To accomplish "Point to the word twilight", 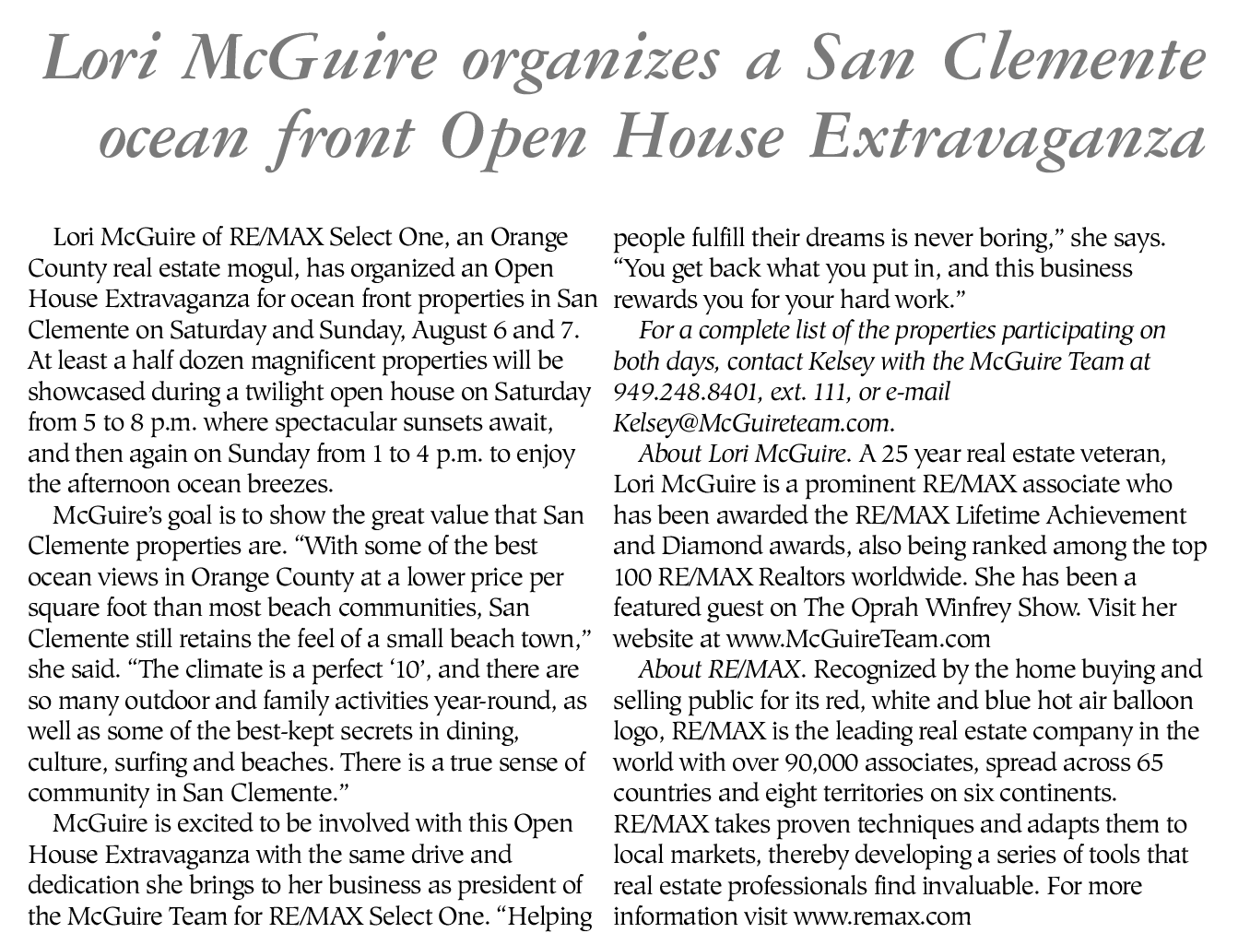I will click(289, 393).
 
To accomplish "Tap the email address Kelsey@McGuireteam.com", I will click(752, 423).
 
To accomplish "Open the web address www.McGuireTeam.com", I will click(857, 639).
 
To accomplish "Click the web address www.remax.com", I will click(882, 917).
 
